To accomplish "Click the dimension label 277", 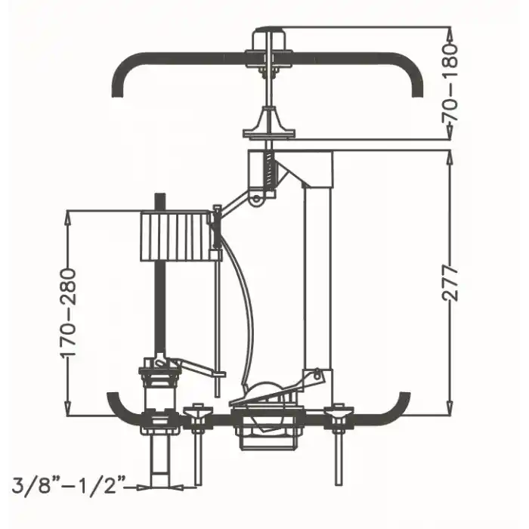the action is [x=450, y=283].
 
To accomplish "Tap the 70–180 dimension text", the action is [x=450, y=82].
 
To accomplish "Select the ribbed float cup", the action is [x=175, y=236].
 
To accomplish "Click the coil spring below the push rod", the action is [x=268, y=170].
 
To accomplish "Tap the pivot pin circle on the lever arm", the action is [x=256, y=198].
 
